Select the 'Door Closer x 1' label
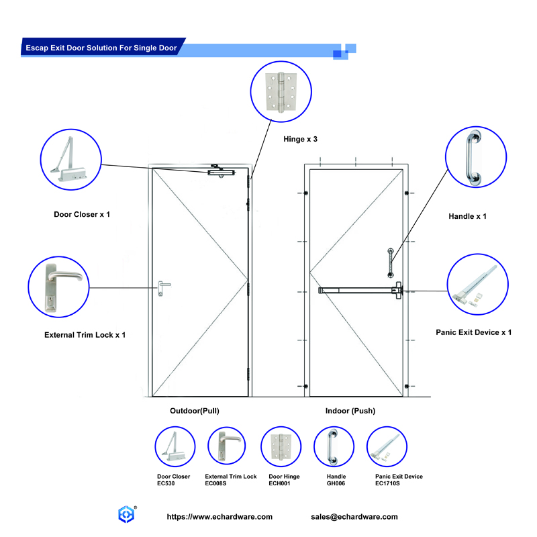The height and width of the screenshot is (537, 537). [82, 215]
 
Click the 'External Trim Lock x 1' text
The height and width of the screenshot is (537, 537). [85, 334]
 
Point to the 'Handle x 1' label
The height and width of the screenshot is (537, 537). [467, 216]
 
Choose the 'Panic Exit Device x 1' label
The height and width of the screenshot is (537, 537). [473, 332]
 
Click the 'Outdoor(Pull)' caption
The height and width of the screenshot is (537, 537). [195, 410]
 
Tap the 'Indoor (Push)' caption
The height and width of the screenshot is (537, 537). [350, 410]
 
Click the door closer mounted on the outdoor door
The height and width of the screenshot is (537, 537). [222, 172]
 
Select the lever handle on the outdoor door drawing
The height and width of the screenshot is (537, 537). [163, 287]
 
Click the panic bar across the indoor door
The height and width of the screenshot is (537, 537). [359, 291]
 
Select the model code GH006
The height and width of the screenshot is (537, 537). [336, 483]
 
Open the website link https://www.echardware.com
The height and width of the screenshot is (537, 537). [219, 517]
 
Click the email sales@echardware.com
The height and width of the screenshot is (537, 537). [354, 517]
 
